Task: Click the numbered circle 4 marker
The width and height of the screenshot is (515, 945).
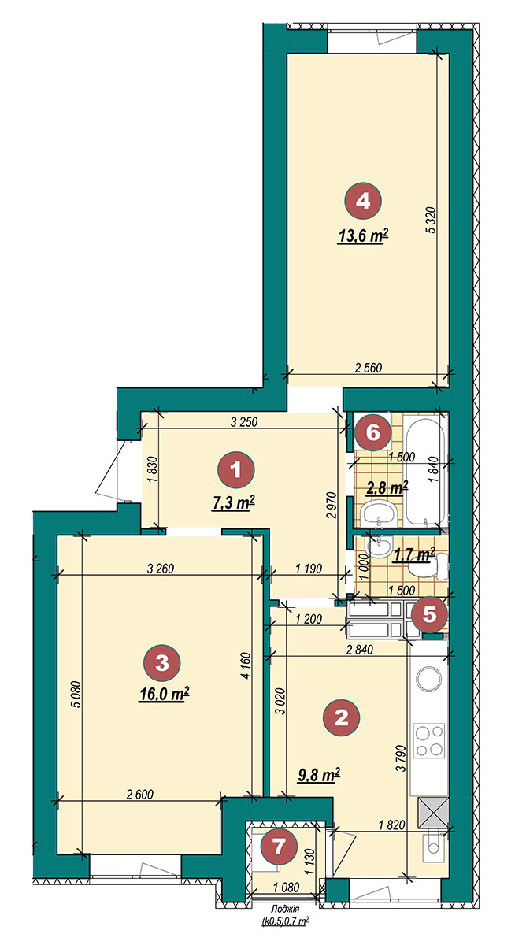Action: click(x=363, y=202)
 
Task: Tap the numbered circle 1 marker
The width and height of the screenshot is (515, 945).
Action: click(x=235, y=469)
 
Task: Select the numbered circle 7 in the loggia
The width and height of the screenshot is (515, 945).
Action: click(x=279, y=847)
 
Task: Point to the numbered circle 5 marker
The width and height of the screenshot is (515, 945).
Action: click(x=429, y=615)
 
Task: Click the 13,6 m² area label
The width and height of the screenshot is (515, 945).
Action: click(x=363, y=237)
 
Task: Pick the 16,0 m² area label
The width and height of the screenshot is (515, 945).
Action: click(x=163, y=694)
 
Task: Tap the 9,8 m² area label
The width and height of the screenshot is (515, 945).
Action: click(x=318, y=775)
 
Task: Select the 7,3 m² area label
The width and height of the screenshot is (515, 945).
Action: click(x=233, y=503)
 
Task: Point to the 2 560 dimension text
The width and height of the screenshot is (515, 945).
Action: click(x=369, y=368)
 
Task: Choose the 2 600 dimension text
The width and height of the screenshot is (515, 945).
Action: click(x=140, y=795)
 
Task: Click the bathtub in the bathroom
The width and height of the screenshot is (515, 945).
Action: click(x=424, y=471)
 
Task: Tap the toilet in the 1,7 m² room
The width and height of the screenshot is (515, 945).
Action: click(x=428, y=567)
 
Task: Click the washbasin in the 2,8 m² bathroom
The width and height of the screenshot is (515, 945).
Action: click(x=378, y=513)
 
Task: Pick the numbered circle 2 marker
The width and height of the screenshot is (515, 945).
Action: click(x=341, y=717)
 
